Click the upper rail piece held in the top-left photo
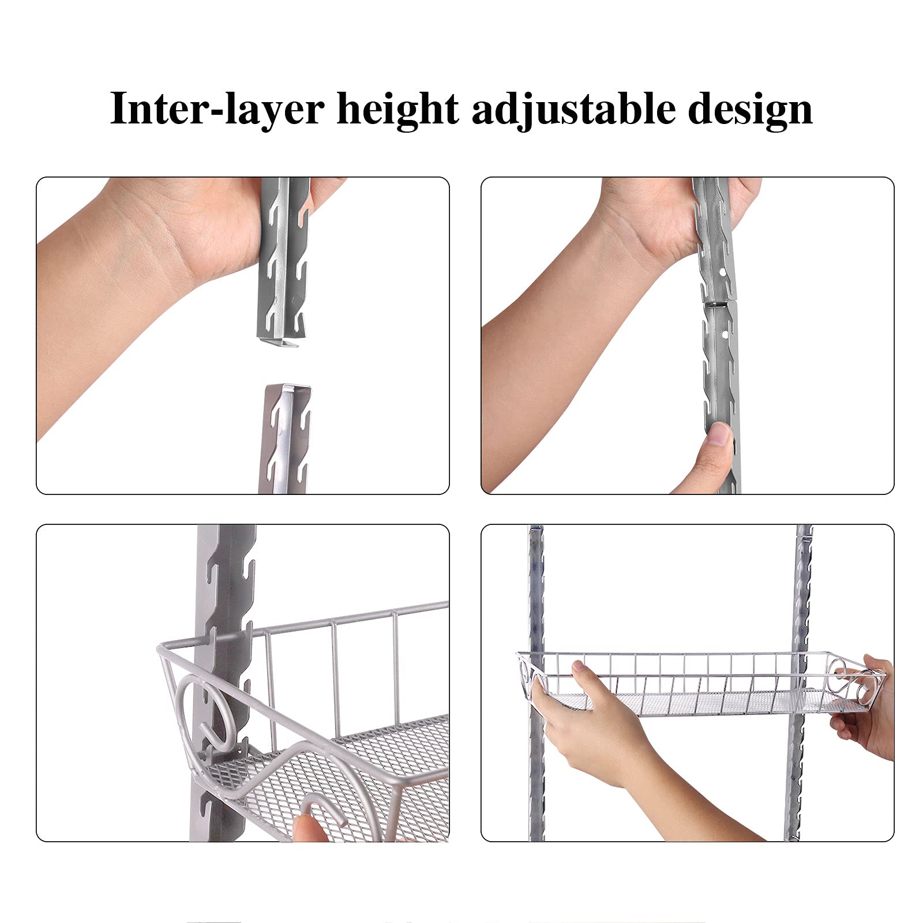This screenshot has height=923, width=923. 282,265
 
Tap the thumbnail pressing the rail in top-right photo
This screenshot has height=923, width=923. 719,434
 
